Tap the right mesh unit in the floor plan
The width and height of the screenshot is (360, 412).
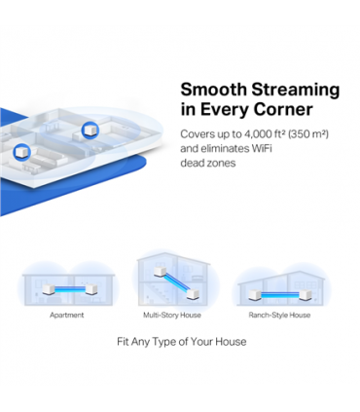[91, 129]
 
